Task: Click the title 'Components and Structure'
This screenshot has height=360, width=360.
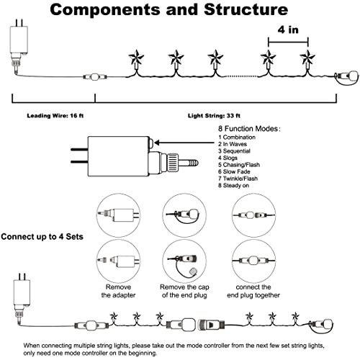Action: click(169, 9)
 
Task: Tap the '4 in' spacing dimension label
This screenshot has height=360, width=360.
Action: click(288, 30)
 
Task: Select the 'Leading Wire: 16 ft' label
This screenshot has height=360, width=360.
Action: click(55, 116)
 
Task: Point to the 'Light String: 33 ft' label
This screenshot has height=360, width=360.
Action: click(214, 116)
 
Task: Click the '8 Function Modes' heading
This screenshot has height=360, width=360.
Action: click(249, 129)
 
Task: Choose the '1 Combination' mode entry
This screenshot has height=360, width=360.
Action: click(237, 138)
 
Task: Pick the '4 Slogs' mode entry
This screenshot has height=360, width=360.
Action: click(228, 158)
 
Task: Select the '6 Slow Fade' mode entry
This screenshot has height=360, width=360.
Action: click(234, 171)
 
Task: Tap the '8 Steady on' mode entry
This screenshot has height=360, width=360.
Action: click(233, 186)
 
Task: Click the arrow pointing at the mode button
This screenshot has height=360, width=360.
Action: click(184, 143)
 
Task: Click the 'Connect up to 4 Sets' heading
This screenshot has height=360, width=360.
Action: click(42, 237)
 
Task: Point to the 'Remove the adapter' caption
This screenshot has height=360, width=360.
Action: click(118, 291)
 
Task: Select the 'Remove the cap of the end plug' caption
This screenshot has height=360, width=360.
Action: click(184, 291)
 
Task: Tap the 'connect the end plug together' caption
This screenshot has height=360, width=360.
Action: click(253, 291)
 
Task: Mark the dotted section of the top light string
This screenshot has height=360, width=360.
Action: click(241, 76)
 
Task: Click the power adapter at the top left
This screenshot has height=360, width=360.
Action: click(19, 43)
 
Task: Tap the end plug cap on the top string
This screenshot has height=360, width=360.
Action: click(354, 76)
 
